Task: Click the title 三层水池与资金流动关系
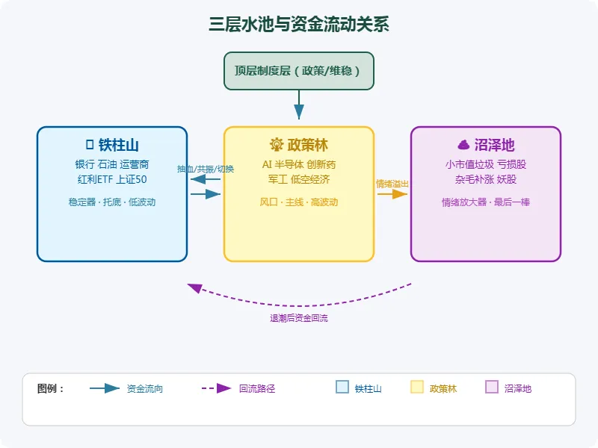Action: pyautogui.click(x=299, y=25)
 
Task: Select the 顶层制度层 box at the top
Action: pyautogui.click(x=299, y=71)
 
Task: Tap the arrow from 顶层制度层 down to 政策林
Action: pyautogui.click(x=299, y=105)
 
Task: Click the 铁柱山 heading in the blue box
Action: pyautogui.click(x=112, y=145)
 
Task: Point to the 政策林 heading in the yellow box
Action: pyautogui.click(x=299, y=145)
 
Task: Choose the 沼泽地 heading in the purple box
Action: pyautogui.click(x=486, y=145)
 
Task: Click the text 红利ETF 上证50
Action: pyautogui.click(x=112, y=179)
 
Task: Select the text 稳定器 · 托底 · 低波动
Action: pyautogui.click(x=112, y=202)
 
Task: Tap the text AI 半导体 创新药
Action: pyautogui.click(x=299, y=164)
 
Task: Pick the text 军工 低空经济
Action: pyautogui.click(x=299, y=179)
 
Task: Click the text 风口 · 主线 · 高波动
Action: pyautogui.click(x=299, y=202)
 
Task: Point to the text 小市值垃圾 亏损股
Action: pyautogui.click(x=486, y=164)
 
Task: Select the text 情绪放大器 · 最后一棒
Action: pyautogui.click(x=486, y=202)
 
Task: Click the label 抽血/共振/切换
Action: pyautogui.click(x=206, y=169)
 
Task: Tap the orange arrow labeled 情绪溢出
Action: pyautogui.click(x=392, y=193)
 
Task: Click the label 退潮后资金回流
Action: pyautogui.click(x=299, y=318)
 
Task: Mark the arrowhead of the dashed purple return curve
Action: pyautogui.click(x=195, y=287)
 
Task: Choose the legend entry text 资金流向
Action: pyautogui.click(x=145, y=388)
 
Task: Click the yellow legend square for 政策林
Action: pyautogui.click(x=417, y=387)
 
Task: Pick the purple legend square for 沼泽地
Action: pyautogui.click(x=492, y=387)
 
